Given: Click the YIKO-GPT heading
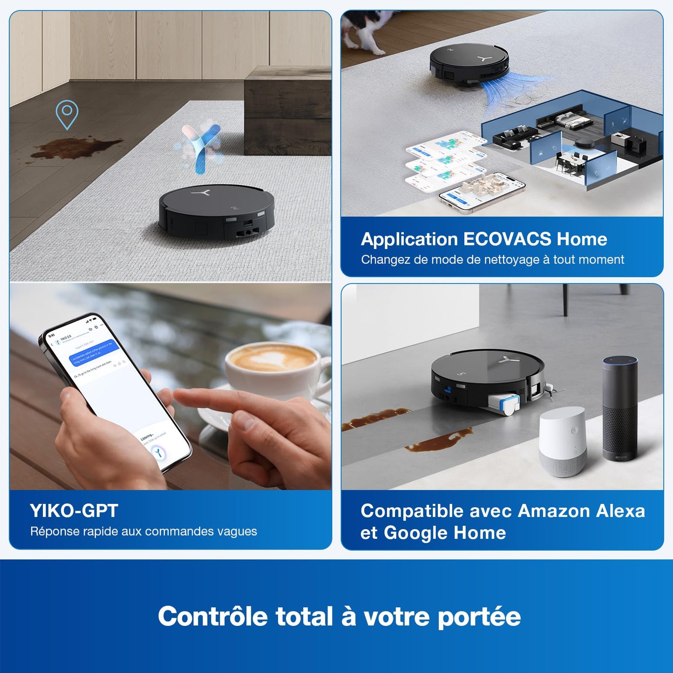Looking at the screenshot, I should [x=74, y=511].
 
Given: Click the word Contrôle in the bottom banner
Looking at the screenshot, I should [x=213, y=617].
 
